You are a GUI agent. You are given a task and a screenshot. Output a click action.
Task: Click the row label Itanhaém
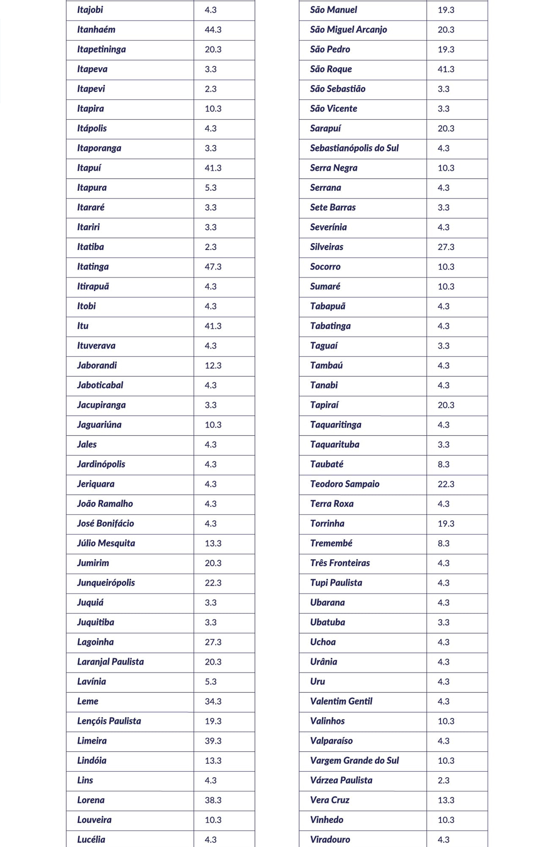pyautogui.click(x=96, y=30)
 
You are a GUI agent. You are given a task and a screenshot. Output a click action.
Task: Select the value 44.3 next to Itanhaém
pyautogui.click(x=213, y=30)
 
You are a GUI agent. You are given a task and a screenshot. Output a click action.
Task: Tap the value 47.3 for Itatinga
pyautogui.click(x=213, y=267)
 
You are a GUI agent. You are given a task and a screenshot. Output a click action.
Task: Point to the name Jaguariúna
pyautogui.click(x=99, y=425)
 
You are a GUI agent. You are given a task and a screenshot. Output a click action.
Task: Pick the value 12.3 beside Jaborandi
pyautogui.click(x=213, y=365)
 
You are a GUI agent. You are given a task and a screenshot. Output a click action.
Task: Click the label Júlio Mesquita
pyautogui.click(x=106, y=543)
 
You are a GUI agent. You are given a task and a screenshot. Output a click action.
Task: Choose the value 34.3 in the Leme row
pyautogui.click(x=213, y=701)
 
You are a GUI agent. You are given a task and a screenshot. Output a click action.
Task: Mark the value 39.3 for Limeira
pyautogui.click(x=213, y=741)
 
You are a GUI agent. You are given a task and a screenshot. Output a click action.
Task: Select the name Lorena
pyautogui.click(x=90, y=800)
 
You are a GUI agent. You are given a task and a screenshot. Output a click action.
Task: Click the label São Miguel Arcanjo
pyautogui.click(x=348, y=30)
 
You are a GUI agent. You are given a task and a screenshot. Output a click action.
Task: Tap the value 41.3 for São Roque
pyautogui.click(x=446, y=69)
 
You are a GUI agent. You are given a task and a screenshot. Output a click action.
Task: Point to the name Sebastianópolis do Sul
pyautogui.click(x=354, y=148)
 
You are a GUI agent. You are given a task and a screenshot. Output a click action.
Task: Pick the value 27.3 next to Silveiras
pyautogui.click(x=446, y=247)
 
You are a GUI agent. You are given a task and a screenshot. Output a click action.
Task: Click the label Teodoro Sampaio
pyautogui.click(x=344, y=484)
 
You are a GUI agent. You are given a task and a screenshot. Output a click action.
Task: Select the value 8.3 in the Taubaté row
pyautogui.click(x=443, y=464)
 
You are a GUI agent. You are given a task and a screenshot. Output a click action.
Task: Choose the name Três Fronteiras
pyautogui.click(x=340, y=563)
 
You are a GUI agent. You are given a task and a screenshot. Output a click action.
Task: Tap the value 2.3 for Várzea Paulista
pyautogui.click(x=443, y=780)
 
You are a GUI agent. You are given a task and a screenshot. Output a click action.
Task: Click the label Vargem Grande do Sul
pyautogui.click(x=354, y=760)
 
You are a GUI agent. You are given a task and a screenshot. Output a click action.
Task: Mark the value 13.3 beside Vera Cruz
pyautogui.click(x=446, y=800)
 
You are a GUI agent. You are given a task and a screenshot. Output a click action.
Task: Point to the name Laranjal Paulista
pyautogui.click(x=110, y=662)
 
